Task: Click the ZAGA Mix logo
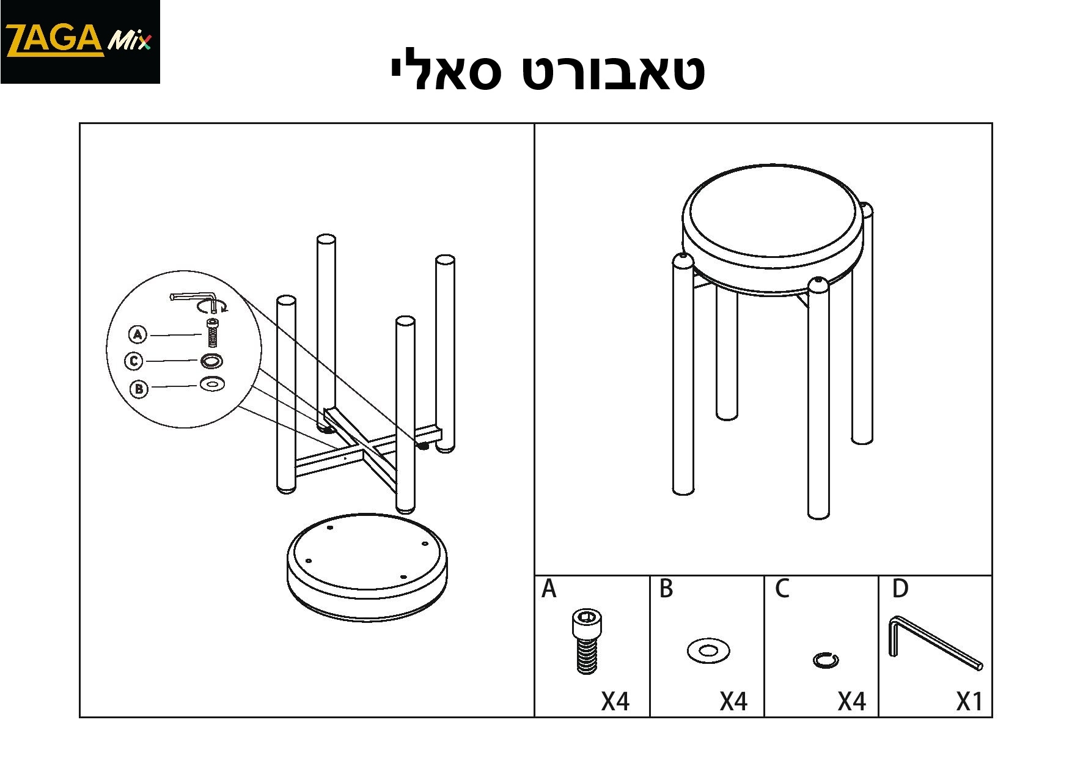click(x=79, y=42)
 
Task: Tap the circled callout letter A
click(x=138, y=335)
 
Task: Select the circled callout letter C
click(x=134, y=361)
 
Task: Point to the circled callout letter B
click(x=139, y=388)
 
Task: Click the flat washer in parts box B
click(x=708, y=650)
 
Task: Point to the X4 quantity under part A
click(x=615, y=702)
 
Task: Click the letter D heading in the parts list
click(x=900, y=589)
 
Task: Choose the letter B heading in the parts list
click(x=667, y=589)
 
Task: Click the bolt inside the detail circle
click(x=213, y=333)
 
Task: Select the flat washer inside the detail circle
click(x=212, y=385)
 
